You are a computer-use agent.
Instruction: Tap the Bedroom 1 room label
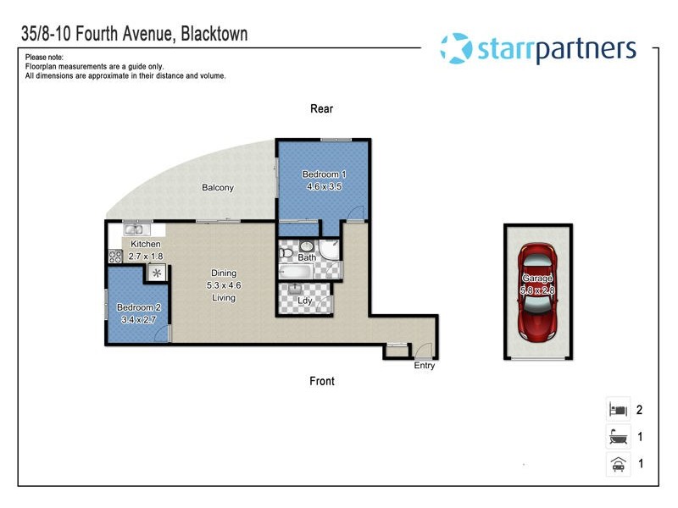[324, 174]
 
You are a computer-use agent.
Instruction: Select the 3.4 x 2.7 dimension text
[138, 320]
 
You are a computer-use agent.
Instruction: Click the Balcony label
[218, 188]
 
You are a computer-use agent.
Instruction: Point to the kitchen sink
[135, 229]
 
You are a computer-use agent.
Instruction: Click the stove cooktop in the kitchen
[115, 257]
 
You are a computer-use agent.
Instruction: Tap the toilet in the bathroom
[286, 254]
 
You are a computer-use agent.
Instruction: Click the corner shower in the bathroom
[331, 251]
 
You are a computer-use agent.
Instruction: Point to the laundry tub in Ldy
[298, 289]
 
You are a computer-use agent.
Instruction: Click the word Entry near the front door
[425, 366]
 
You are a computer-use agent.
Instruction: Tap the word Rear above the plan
[321, 108]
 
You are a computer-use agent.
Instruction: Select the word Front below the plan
[322, 381]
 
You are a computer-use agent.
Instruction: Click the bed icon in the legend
[617, 410]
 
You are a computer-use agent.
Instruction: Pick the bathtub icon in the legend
[617, 437]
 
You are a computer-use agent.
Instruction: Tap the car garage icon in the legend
[617, 464]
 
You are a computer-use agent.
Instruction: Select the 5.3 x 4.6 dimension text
[223, 285]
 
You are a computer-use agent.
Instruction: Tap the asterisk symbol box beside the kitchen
[157, 273]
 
